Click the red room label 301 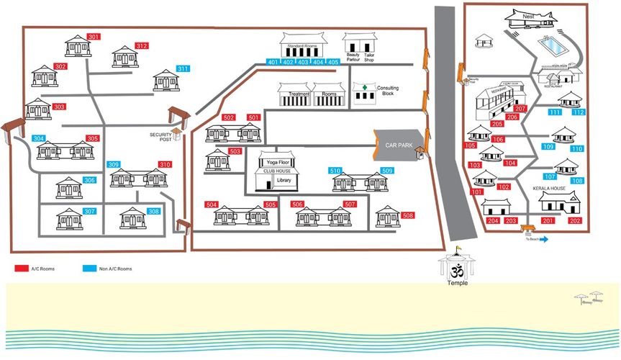94,37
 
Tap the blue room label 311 183,69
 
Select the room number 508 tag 408,216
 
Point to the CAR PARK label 397,145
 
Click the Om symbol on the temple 454,272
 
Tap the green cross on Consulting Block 365,89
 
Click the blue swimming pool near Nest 553,45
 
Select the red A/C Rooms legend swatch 21,269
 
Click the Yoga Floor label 277,163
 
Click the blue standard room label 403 303,63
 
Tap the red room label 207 522,109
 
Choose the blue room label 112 579,112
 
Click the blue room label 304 39,139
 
